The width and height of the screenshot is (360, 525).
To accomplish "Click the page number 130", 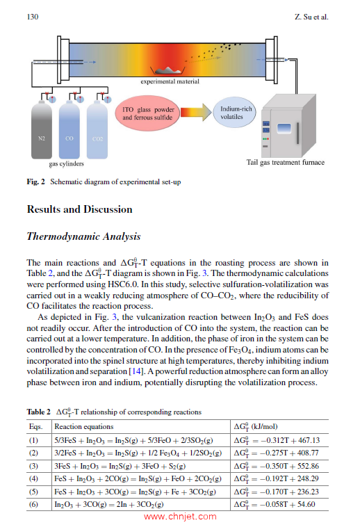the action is pos(33,17).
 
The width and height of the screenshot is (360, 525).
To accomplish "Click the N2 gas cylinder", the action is pos(42,130).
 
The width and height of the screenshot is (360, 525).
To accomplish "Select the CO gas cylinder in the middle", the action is pos(69,130).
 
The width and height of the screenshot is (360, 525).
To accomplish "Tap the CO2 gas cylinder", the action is pos(97,130).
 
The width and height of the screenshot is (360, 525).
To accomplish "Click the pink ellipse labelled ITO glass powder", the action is pos(147,113).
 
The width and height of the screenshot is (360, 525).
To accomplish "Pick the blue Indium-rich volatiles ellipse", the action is pos(234,113).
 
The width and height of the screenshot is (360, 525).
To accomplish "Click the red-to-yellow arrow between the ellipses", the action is pos(196,112).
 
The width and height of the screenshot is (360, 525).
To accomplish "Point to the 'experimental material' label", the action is pos(170,81).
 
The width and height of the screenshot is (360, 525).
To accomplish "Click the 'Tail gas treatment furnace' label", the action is pos(286,163).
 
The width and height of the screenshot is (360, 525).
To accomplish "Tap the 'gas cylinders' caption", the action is pos(66,163).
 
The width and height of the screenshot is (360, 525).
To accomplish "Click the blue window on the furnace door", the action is pos(284,129).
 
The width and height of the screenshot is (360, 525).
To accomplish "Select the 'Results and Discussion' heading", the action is pos(80,209).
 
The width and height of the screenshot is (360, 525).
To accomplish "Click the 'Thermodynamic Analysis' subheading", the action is pos(83,236).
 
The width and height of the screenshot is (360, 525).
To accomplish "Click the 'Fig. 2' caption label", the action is pos(36,181).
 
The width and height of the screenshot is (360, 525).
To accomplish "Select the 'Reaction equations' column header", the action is pos(84,426).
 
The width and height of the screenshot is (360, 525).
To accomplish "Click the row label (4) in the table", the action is pos(33,479).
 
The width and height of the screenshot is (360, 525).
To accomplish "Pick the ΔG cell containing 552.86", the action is pos(277,466).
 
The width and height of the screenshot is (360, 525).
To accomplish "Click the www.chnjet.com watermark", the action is pos(180,517).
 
